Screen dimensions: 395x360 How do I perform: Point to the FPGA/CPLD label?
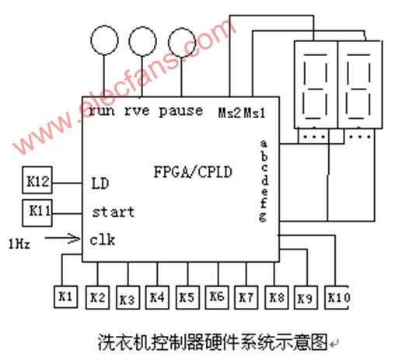(x=193, y=173)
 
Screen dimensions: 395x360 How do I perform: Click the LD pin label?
(x=100, y=183)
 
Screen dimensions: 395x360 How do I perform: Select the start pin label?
(x=114, y=212)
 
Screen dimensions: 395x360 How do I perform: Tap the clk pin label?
(x=103, y=239)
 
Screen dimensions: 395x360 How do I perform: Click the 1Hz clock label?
(x=19, y=244)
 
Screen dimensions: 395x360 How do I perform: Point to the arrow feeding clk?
(x=62, y=238)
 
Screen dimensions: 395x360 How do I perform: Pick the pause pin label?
(x=180, y=111)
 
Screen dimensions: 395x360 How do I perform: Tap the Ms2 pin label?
(x=229, y=113)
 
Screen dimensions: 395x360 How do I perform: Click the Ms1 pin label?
(x=255, y=113)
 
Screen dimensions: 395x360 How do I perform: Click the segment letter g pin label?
(x=263, y=217)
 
